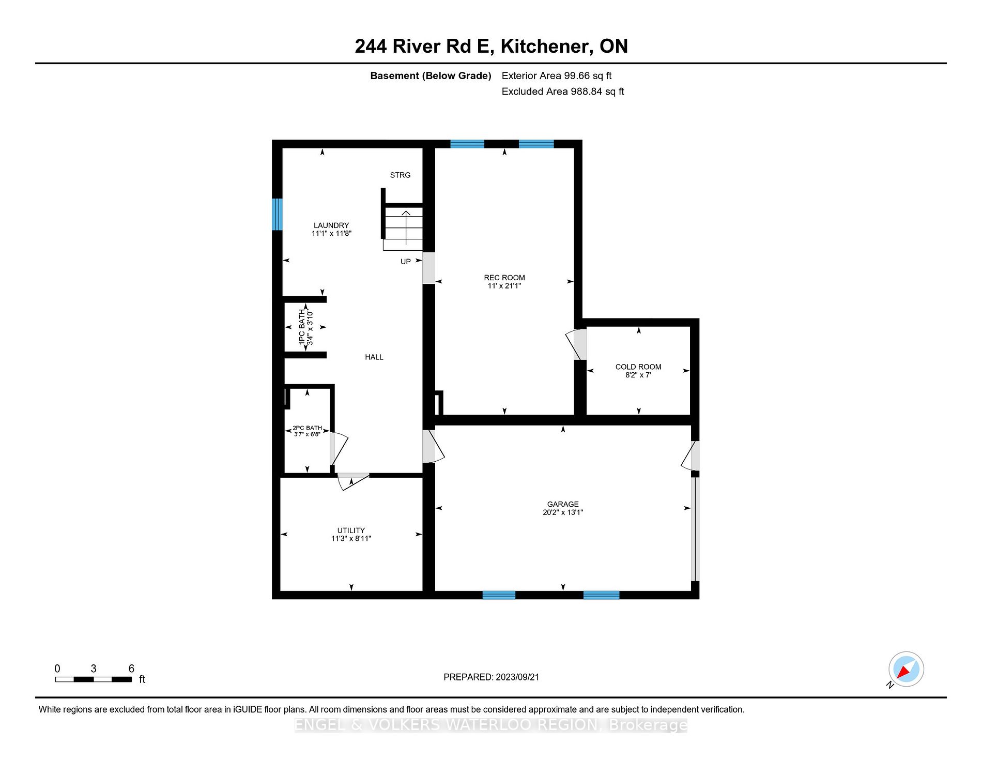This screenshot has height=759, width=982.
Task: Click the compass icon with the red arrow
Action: (x=906, y=669)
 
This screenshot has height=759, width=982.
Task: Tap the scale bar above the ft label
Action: (x=94, y=679)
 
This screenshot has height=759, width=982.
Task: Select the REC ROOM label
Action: (x=504, y=278)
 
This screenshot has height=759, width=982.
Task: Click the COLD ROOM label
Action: (x=638, y=367)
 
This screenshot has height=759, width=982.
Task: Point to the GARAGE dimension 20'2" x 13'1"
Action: (x=563, y=512)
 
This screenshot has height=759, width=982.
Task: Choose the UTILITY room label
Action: (x=351, y=530)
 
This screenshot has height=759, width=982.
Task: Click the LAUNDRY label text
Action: (x=331, y=225)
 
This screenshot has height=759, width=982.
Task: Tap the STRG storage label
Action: (x=400, y=175)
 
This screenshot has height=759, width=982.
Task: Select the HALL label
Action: (x=374, y=357)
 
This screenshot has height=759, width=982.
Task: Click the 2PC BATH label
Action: (x=307, y=428)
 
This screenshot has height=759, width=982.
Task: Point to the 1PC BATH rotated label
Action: (x=302, y=327)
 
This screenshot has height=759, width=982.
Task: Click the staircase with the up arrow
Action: (x=404, y=228)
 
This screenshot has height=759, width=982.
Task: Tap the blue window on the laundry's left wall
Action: (x=278, y=214)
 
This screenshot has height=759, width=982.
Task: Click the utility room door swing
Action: (x=353, y=480)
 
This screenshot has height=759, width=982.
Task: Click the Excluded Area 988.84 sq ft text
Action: (x=563, y=92)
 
